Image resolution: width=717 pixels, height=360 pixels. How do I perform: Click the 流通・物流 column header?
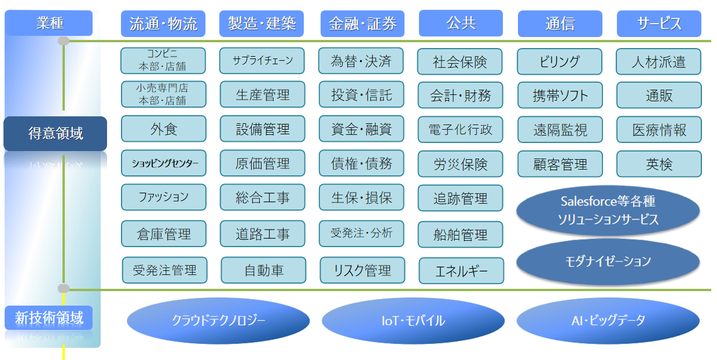pyautogui.click(x=163, y=24)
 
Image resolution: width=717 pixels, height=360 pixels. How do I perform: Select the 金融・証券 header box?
pyautogui.click(x=362, y=24)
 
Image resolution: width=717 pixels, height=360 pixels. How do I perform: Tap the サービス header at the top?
pyautogui.click(x=659, y=24)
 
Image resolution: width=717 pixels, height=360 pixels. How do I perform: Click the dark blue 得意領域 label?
pyautogui.click(x=56, y=134)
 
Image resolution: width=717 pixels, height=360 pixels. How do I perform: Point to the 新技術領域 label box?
pyautogui.click(x=49, y=318)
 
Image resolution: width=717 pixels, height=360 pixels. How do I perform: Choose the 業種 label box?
pyautogui.click(x=49, y=23)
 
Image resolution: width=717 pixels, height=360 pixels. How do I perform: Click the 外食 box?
pyautogui.click(x=163, y=128)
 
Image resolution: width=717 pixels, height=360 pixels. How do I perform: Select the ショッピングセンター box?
pyautogui.click(x=163, y=163)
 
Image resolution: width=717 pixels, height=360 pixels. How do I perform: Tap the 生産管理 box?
pyautogui.click(x=263, y=94)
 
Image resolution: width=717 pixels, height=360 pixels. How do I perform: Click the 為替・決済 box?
pyautogui.click(x=361, y=61)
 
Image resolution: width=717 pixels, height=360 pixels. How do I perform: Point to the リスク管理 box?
pyautogui.click(x=362, y=270)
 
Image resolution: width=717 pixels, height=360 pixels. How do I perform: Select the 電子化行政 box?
pyautogui.click(x=461, y=129)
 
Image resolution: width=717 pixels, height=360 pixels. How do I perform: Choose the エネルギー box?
pyautogui.click(x=461, y=271)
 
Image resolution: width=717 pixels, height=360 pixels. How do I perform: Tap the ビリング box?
pyautogui.click(x=559, y=61)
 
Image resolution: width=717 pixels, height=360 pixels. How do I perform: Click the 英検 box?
pyautogui.click(x=659, y=164)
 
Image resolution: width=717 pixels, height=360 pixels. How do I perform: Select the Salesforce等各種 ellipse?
pyautogui.click(x=608, y=210)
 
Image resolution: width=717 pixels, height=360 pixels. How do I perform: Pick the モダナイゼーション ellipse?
pyautogui.click(x=608, y=261)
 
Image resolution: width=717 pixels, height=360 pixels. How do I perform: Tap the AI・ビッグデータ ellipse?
pyautogui.click(x=608, y=320)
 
